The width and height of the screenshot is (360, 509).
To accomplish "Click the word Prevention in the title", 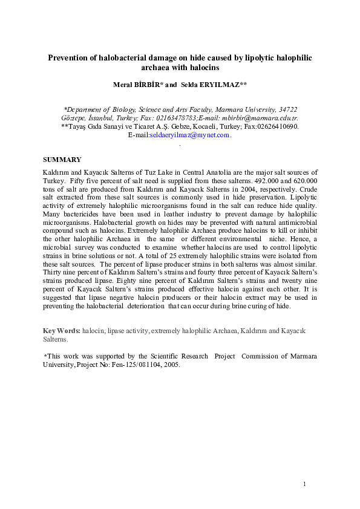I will pyautogui.click(x=70, y=57).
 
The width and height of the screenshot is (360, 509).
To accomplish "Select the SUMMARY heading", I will pyautogui.click(x=62, y=160).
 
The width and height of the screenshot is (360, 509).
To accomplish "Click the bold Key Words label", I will pyautogui.click(x=61, y=332).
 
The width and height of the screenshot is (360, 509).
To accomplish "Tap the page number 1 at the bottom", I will pyautogui.click(x=305, y=484).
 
